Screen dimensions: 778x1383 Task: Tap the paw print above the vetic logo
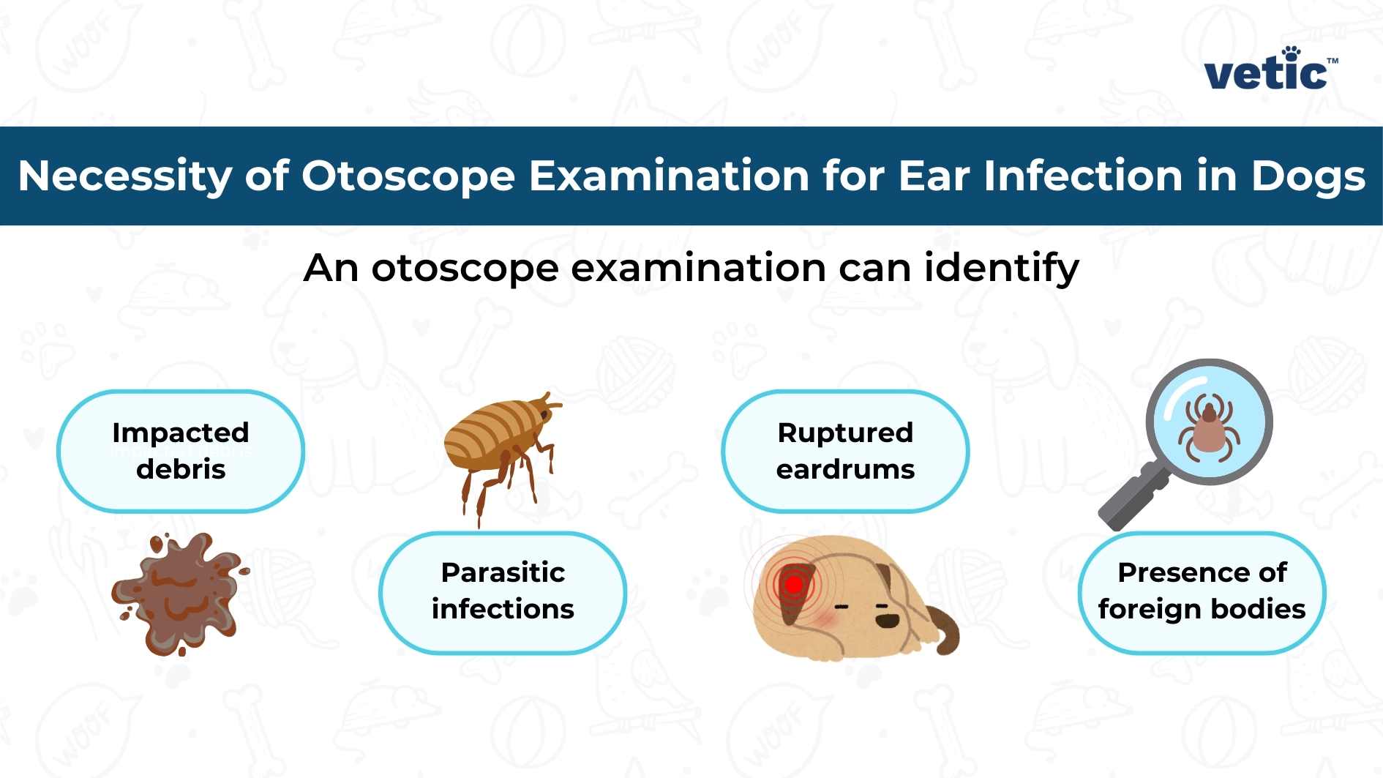[1292, 53]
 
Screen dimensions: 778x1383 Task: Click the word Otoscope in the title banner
[408, 176]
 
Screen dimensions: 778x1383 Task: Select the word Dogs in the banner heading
[1308, 176]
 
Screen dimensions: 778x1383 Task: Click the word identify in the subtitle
[1001, 268]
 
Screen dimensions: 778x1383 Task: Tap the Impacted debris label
[181, 451]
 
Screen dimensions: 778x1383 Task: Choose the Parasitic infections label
[503, 591]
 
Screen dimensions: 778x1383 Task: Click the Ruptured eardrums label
[845, 451]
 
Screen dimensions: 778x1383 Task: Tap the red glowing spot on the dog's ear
[793, 585]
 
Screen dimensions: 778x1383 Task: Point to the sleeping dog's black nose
[888, 620]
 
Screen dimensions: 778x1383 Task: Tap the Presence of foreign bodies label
[1202, 591]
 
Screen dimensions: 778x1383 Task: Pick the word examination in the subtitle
[699, 268]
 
